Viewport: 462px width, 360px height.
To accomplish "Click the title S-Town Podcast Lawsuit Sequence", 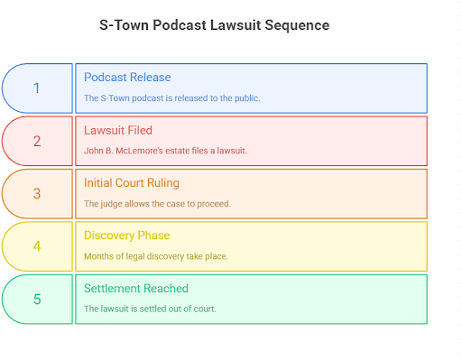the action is tap(214, 25).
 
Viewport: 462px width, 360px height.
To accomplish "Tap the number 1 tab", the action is tap(37, 88).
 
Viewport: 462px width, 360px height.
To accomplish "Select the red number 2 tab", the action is tap(37, 141).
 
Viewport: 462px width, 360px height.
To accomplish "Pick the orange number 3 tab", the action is tap(37, 193).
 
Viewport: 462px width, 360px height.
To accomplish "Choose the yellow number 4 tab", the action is tap(37, 245).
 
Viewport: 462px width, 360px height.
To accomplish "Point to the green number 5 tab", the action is tap(37, 299).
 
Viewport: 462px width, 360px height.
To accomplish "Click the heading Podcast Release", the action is tap(127, 78).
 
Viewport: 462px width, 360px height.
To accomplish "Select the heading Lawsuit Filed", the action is tap(118, 130).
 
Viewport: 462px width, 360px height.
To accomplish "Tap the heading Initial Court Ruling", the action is tap(132, 183).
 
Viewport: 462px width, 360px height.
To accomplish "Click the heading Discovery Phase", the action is tap(126, 235).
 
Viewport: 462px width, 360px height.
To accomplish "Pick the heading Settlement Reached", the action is tap(136, 289).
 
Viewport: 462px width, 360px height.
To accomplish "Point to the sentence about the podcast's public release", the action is tap(171, 97).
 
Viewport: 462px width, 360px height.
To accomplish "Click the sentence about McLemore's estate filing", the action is tap(165, 151).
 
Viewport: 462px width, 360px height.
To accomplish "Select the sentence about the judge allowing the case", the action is tap(157, 203).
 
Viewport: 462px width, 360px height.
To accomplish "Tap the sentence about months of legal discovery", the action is tap(156, 256).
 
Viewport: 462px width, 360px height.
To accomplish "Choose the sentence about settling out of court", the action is tap(150, 309).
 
